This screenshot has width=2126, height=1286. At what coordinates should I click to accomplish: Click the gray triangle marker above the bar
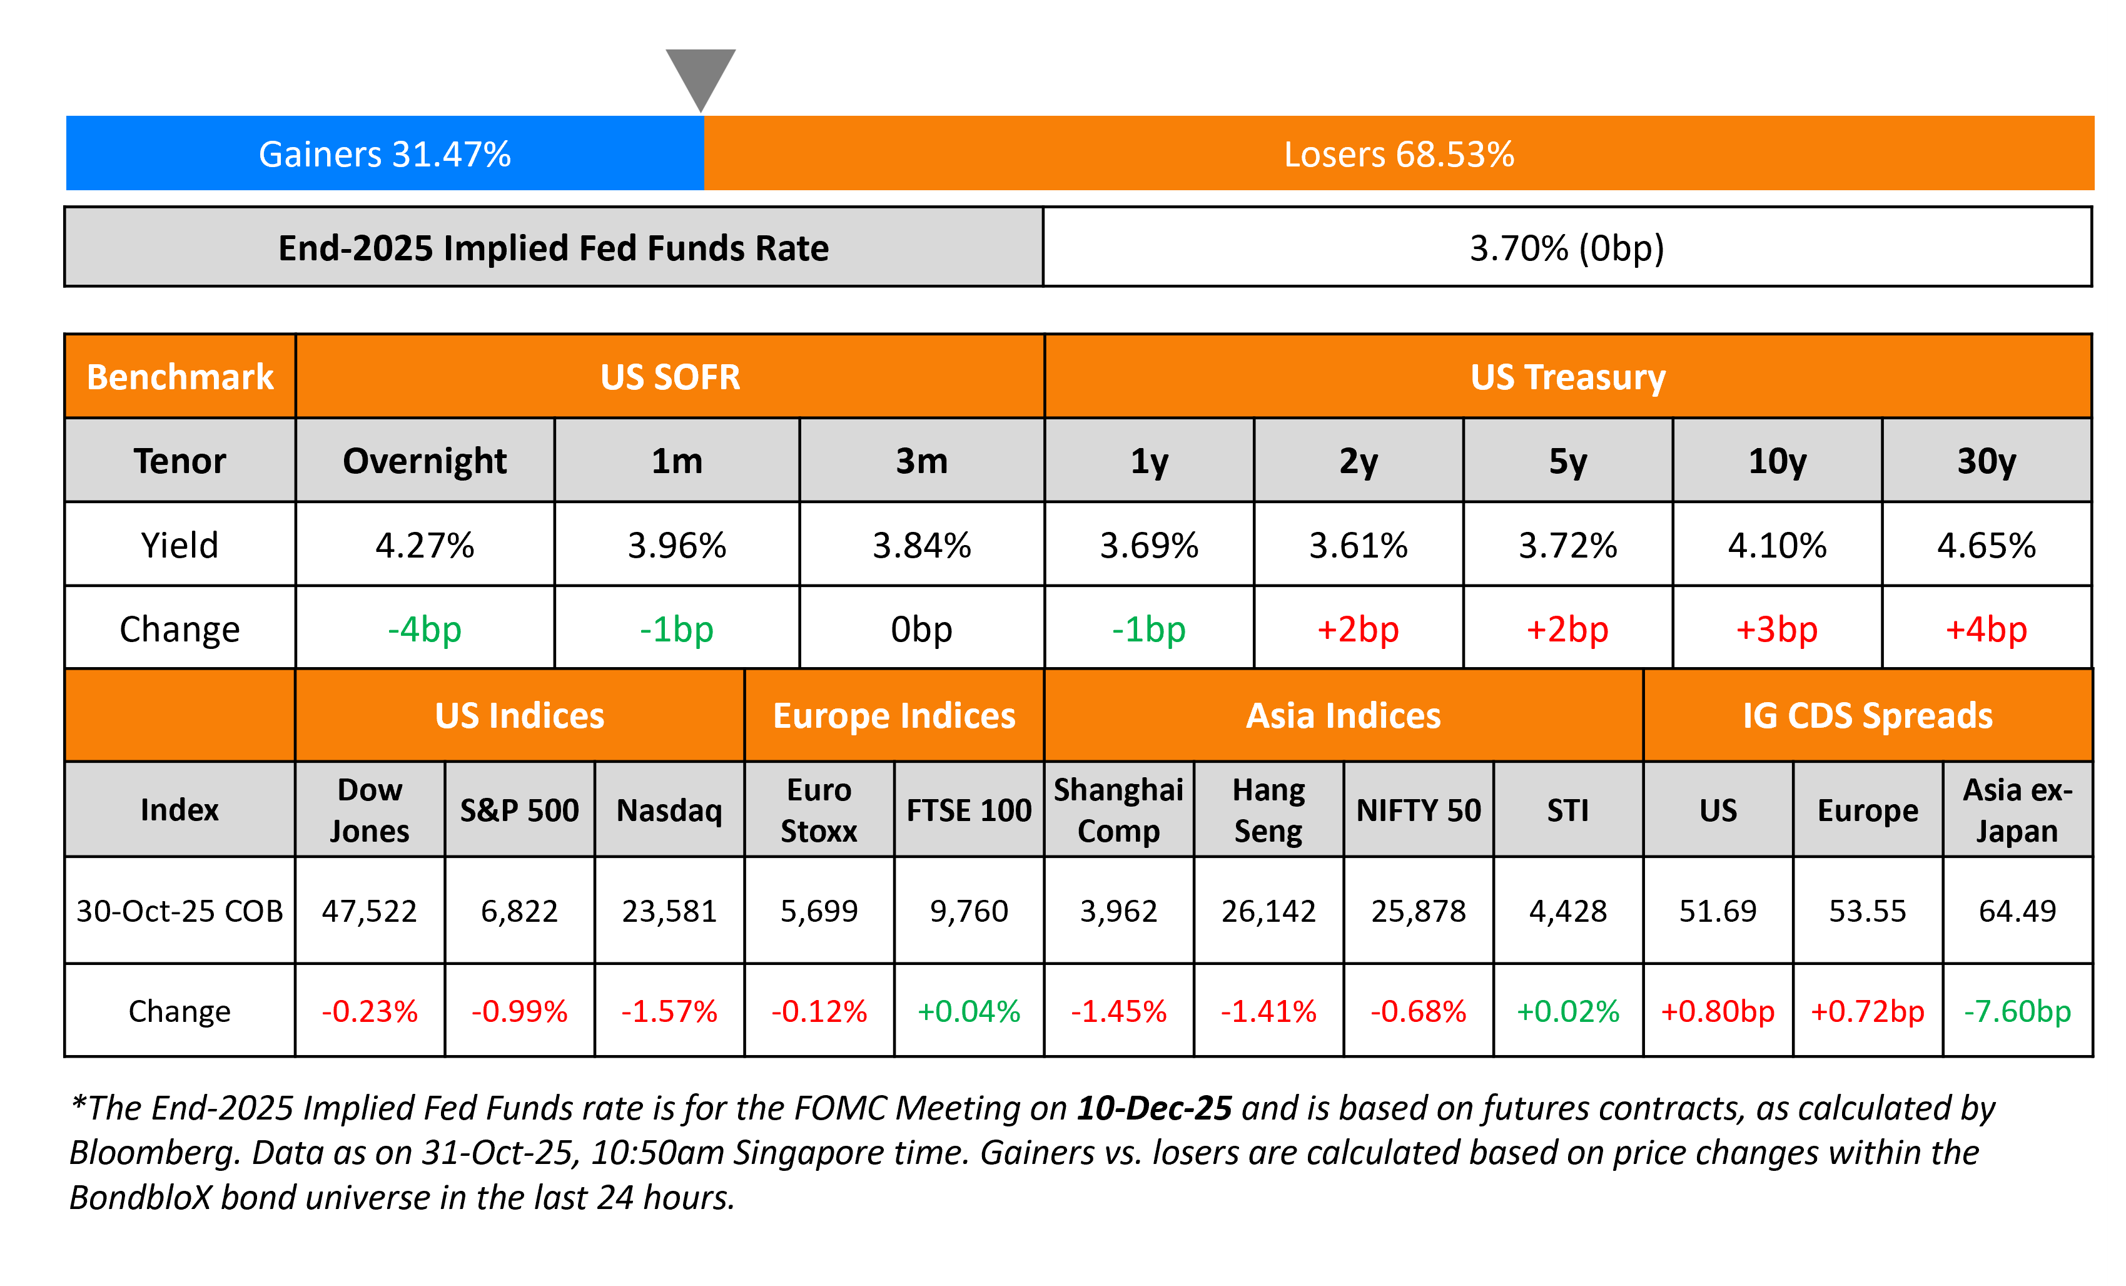[x=701, y=75]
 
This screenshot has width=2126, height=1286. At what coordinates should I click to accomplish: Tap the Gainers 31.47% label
[x=385, y=155]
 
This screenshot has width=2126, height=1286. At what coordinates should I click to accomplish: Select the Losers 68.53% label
[x=1399, y=155]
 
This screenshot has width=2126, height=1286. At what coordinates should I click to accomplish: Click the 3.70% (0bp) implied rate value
[x=1567, y=248]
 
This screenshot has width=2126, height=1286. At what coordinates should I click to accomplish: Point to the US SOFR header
[x=671, y=377]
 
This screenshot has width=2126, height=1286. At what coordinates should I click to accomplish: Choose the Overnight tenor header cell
[x=425, y=461]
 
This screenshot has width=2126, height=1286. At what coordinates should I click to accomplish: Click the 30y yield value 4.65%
[x=1987, y=546]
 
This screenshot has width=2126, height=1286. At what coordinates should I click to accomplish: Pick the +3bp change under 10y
[x=1776, y=629]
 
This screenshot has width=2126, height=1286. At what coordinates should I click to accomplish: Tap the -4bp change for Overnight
[x=425, y=629]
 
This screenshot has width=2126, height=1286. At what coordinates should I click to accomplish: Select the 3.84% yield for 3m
[x=921, y=546]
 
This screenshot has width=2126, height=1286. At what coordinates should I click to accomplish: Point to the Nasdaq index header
[x=669, y=810]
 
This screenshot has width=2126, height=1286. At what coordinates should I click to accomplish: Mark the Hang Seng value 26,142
[x=1268, y=911]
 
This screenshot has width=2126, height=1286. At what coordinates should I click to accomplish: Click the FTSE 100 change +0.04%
[x=969, y=1011]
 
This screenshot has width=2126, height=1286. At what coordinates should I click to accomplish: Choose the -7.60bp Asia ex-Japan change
[x=2017, y=1011]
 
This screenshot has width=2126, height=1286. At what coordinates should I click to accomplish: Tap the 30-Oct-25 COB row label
[x=180, y=911]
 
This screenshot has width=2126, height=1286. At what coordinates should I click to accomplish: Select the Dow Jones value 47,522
[x=369, y=911]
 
